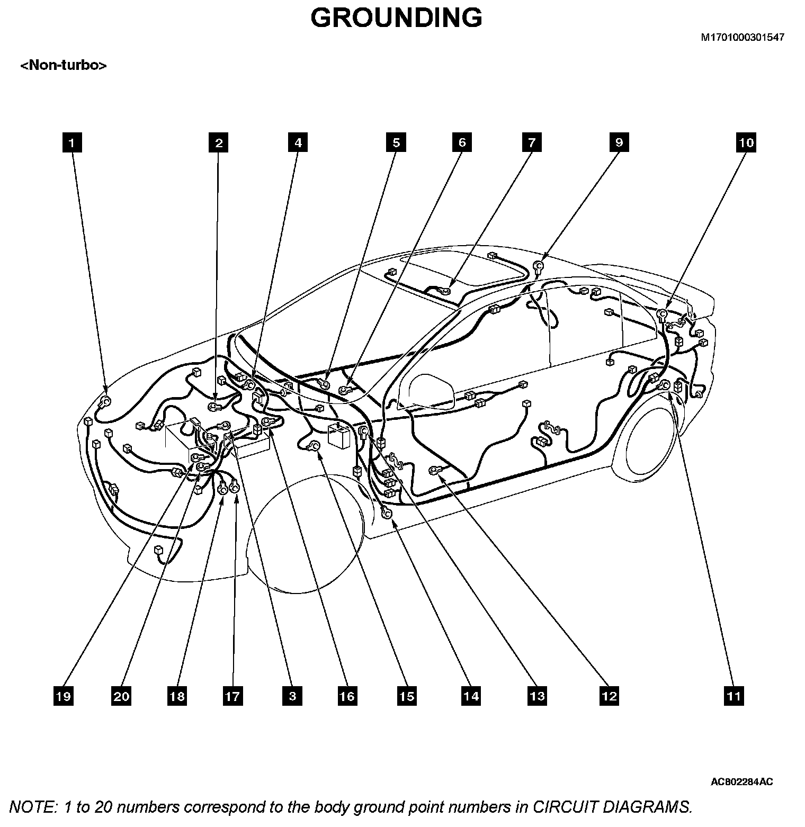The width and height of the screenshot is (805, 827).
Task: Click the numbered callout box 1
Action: (x=72, y=143)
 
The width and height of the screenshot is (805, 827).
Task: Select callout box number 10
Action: (x=746, y=143)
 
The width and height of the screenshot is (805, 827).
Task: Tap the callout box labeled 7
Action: (x=532, y=143)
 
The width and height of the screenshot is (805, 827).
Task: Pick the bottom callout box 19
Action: (x=63, y=696)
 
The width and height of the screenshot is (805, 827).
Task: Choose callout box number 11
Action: (x=734, y=696)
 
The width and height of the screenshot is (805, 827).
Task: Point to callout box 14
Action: (x=471, y=696)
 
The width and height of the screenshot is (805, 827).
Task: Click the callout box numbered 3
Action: (x=292, y=696)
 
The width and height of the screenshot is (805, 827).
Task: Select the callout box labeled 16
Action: (x=347, y=696)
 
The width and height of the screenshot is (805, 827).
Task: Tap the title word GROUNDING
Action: (x=396, y=17)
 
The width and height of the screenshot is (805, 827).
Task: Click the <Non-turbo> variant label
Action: (x=64, y=66)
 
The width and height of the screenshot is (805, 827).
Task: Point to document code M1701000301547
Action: (x=743, y=38)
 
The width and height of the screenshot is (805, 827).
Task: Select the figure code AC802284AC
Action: (x=741, y=782)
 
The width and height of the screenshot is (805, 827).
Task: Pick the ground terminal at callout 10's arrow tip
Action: (x=661, y=314)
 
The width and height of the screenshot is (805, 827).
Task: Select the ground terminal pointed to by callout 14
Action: (x=387, y=513)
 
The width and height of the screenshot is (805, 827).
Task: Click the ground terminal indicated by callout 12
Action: (x=435, y=469)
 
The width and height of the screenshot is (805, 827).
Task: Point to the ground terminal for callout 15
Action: (x=313, y=446)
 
